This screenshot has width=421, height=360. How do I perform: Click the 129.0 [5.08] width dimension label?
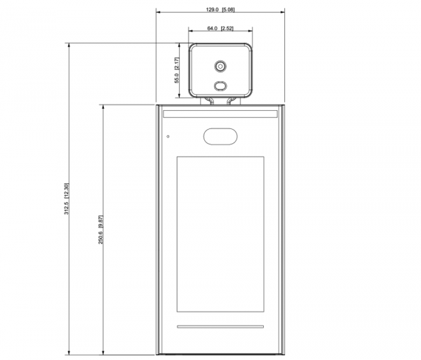220,10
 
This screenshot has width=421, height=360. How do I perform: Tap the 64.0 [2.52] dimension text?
220,28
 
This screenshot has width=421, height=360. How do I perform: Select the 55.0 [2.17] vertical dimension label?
177,70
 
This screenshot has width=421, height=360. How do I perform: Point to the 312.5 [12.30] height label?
67,199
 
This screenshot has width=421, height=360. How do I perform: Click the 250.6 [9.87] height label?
100,229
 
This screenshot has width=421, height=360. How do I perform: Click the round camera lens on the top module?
220,66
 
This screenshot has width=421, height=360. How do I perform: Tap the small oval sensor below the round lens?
220,86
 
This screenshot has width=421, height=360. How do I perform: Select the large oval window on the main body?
220,136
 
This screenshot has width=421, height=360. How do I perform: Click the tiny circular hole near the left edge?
168,136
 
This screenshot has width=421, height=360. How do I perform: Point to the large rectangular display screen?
220,234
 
